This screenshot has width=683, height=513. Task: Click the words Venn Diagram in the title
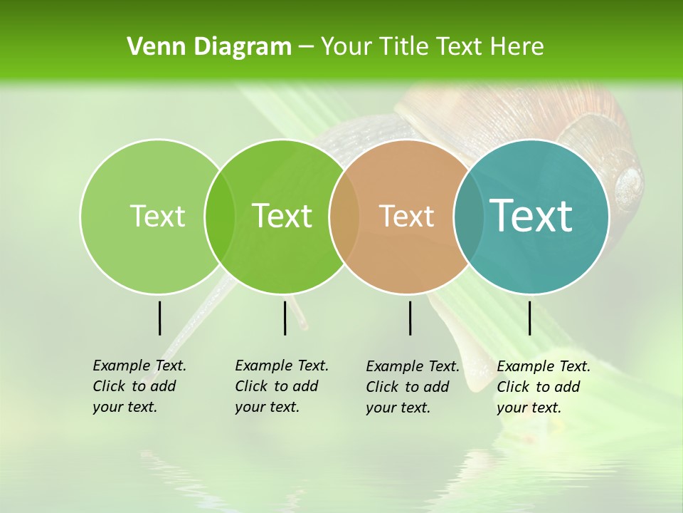(209, 47)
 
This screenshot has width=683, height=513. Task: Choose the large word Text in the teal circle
(531, 215)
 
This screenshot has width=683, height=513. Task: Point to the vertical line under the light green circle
(159, 318)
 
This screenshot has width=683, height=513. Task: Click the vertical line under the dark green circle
(285, 318)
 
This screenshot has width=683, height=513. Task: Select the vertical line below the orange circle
(410, 318)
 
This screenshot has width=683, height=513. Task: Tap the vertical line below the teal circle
(529, 318)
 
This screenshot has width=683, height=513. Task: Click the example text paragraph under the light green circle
(139, 386)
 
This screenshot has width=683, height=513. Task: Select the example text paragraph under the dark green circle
(282, 386)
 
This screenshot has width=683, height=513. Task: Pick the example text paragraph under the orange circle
(413, 387)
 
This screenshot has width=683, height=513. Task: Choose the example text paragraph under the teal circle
(544, 387)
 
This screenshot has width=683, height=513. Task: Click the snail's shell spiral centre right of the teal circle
(629, 181)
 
